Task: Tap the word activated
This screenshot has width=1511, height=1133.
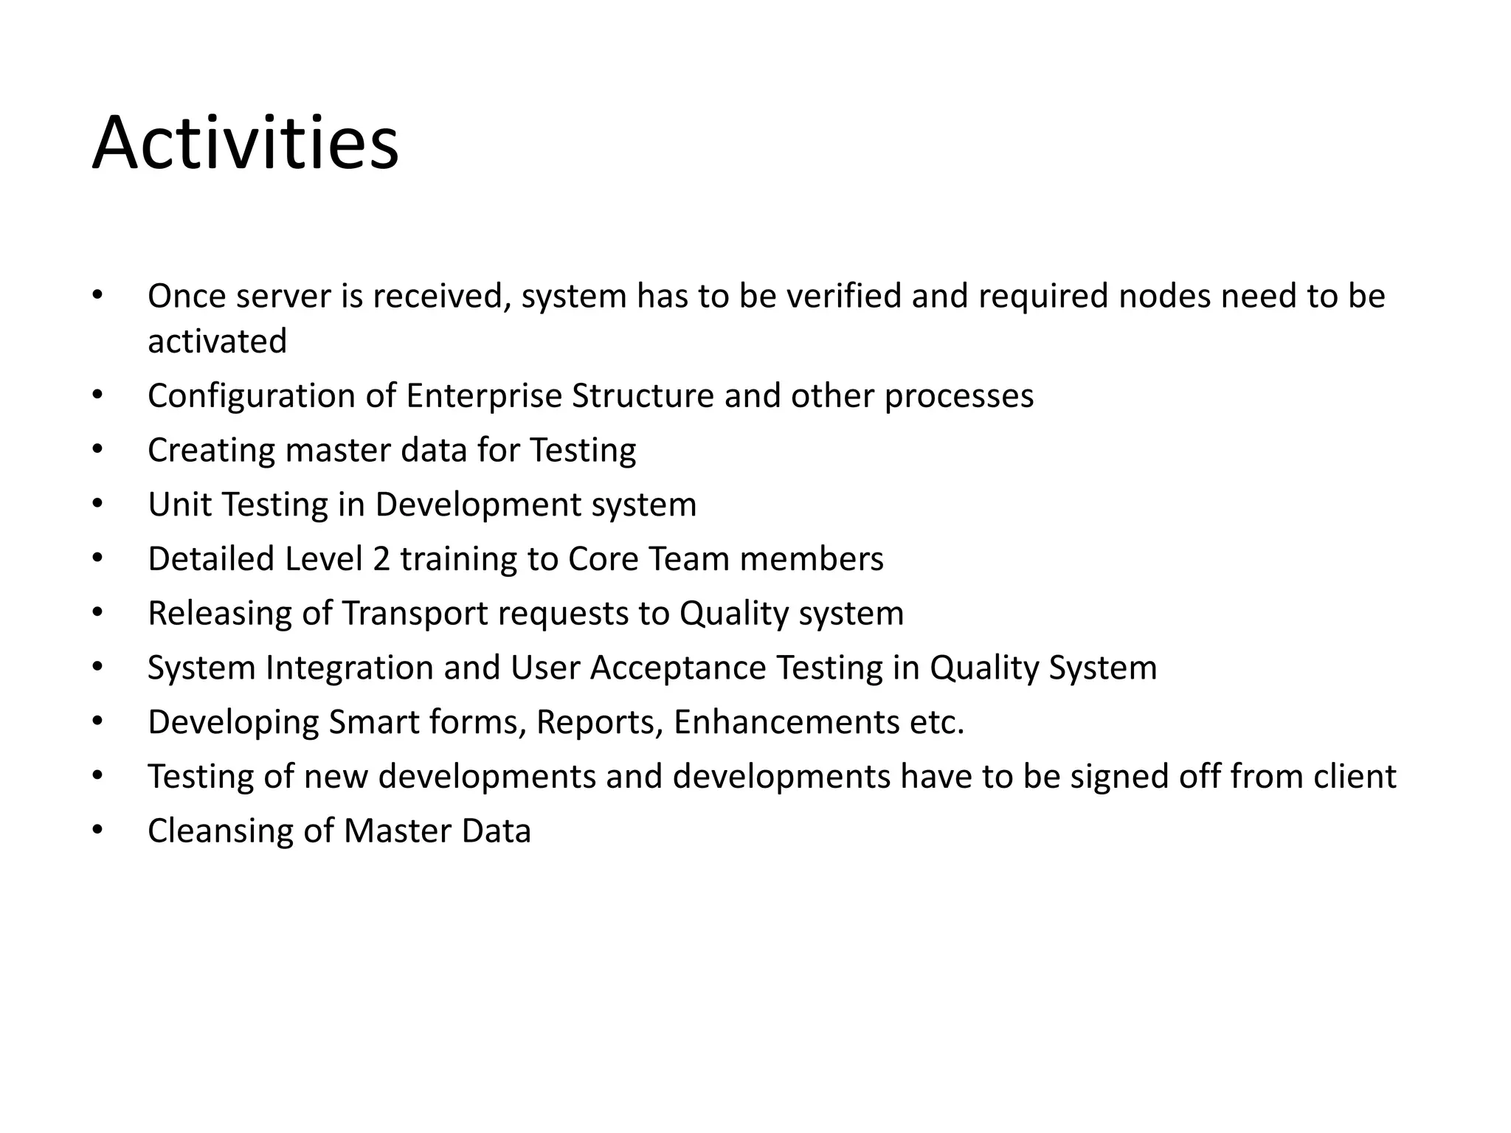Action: pos(217,342)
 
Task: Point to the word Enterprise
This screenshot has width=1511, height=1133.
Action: pos(484,396)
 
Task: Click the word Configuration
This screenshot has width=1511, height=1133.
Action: pos(252,396)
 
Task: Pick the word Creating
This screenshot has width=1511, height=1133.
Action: pos(211,451)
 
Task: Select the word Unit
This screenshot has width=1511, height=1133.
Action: pos(179,505)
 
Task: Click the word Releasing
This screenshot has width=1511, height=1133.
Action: pos(220,614)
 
